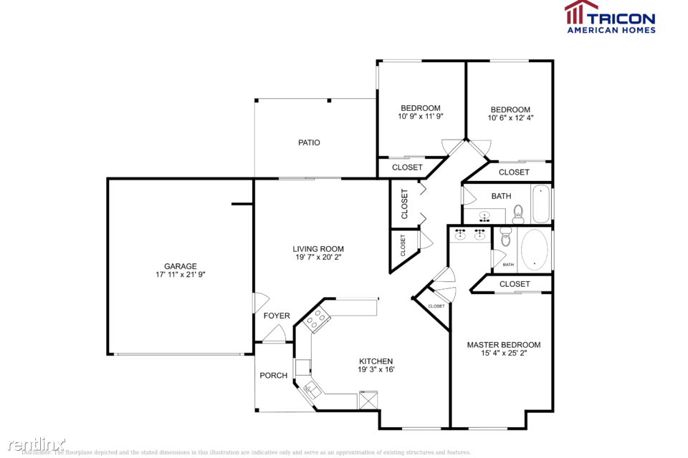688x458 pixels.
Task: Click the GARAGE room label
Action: (x=180, y=266)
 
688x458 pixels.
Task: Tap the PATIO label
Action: (x=309, y=142)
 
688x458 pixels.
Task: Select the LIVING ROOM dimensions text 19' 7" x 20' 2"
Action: (x=317, y=258)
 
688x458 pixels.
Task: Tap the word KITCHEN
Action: (x=376, y=361)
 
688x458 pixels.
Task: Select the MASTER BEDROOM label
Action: (x=504, y=345)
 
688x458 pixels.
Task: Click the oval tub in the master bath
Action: (x=535, y=250)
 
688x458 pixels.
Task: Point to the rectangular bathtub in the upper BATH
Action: (x=541, y=204)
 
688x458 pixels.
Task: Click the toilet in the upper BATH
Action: (x=518, y=212)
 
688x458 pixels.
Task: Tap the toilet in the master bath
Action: (x=506, y=237)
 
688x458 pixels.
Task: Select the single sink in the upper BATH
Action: (x=485, y=215)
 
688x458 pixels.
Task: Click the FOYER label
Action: (x=277, y=316)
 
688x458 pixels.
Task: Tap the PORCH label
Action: (x=273, y=375)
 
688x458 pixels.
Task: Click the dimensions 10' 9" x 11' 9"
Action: (x=420, y=117)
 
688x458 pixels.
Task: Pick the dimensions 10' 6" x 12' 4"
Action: (x=510, y=118)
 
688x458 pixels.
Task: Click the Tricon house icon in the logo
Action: (x=581, y=13)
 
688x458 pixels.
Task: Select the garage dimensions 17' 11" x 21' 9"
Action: (x=180, y=275)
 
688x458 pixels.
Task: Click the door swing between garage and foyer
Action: (x=261, y=303)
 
